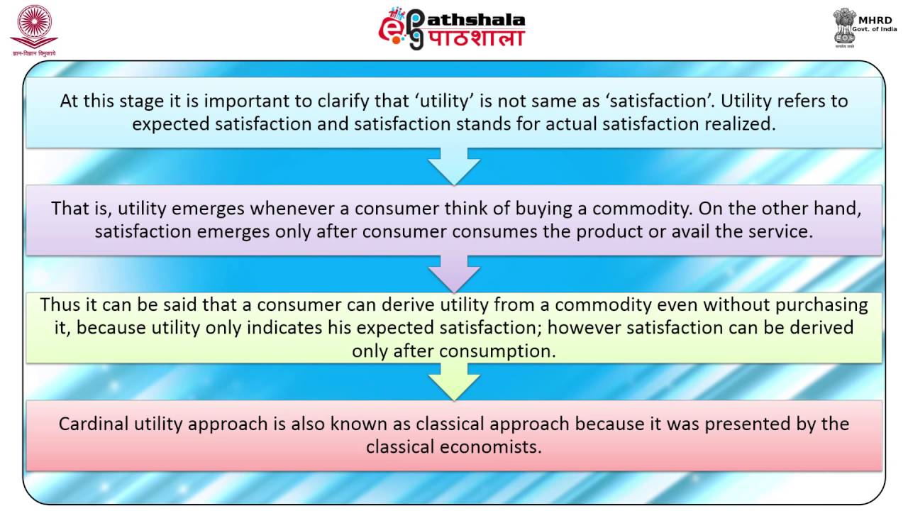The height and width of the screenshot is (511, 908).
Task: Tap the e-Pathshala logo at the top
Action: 451,28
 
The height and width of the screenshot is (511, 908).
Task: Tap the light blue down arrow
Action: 454,165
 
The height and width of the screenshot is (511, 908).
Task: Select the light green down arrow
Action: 454,380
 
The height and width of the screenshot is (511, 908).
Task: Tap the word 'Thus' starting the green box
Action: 56,304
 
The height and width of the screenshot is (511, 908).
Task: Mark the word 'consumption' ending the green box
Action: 497,351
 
